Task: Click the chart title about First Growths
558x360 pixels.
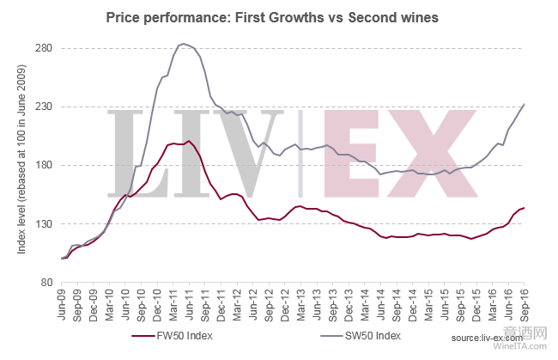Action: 278,17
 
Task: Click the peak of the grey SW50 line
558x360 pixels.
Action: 183,44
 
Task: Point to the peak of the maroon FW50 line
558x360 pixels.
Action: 188,141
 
